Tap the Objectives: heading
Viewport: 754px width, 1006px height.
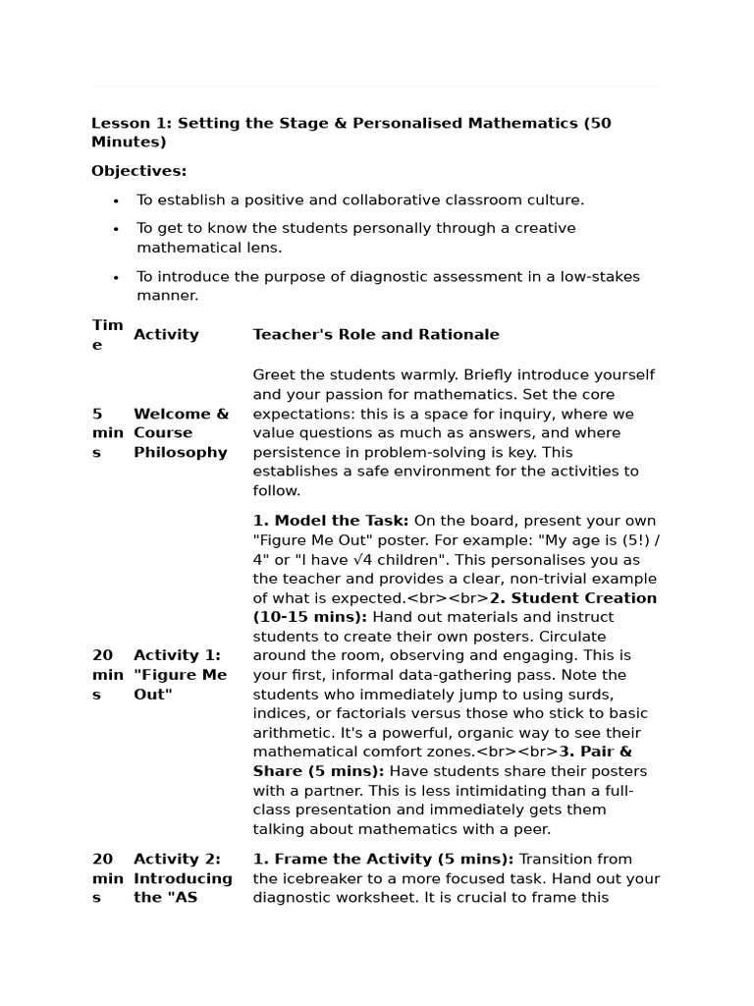tap(138, 171)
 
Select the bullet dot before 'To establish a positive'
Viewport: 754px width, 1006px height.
tap(116, 200)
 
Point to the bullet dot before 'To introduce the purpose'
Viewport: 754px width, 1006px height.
tap(116, 277)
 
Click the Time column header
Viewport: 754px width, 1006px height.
tap(107, 335)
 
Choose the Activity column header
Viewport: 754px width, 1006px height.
tap(166, 335)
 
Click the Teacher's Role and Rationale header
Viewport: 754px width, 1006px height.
tap(376, 335)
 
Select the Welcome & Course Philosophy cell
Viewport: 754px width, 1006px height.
tap(181, 433)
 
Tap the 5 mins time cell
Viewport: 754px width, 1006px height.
tap(107, 433)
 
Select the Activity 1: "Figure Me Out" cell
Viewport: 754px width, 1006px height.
tap(180, 675)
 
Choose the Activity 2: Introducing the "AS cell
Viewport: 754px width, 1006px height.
tap(183, 878)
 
